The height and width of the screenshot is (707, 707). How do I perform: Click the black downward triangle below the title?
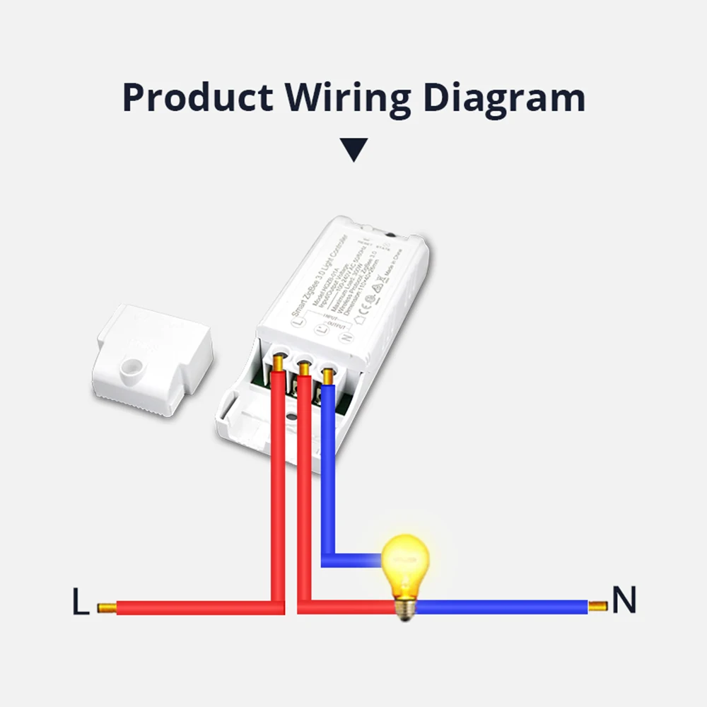point(353,150)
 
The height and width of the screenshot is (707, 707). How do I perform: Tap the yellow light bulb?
point(405,562)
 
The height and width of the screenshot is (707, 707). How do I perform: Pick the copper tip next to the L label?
point(106,607)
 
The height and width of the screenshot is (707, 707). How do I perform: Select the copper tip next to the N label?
point(597,606)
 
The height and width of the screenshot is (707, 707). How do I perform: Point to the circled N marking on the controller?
point(347,337)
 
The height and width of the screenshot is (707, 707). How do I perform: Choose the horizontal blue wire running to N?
point(502,607)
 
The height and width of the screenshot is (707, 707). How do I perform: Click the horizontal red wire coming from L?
point(191,607)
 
